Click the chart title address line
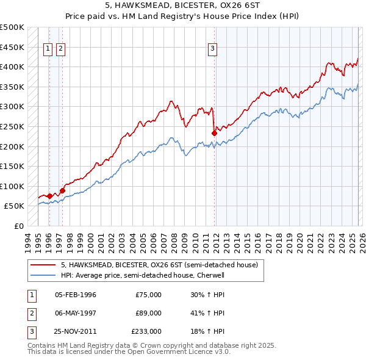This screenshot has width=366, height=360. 182,6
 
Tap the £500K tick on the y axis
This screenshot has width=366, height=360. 12,27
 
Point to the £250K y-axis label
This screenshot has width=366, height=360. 12,127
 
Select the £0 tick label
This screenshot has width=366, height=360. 19,226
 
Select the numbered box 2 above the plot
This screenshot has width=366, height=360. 61,50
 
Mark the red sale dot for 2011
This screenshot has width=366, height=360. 214,133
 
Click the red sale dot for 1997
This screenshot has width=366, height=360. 62,190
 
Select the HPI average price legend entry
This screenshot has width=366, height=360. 143,275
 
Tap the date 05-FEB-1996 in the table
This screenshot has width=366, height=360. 75,295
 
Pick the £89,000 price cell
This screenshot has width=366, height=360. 148,313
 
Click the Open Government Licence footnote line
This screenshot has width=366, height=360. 129,352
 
